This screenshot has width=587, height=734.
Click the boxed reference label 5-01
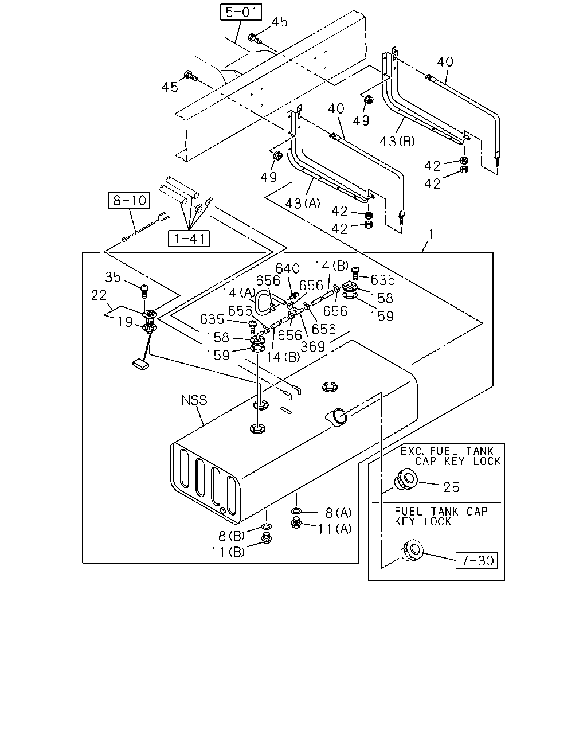[x=241, y=12]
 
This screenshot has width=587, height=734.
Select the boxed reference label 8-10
[x=129, y=200]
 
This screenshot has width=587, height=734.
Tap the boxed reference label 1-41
[x=189, y=239]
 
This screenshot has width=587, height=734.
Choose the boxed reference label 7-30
[x=476, y=560]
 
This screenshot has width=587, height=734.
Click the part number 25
[x=451, y=487]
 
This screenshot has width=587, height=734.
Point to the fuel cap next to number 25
[x=405, y=479]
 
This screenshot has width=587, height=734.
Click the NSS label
[x=194, y=400]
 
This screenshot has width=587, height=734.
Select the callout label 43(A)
[x=303, y=204]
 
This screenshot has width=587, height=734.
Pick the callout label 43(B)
[x=397, y=141]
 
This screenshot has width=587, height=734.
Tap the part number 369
[x=313, y=347]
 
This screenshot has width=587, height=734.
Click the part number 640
[x=288, y=269]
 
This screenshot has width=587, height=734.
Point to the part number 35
[x=113, y=278]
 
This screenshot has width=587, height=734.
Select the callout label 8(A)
[x=338, y=513]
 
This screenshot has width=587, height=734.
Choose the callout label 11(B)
[x=228, y=552]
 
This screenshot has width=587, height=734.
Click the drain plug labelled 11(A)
[x=296, y=523]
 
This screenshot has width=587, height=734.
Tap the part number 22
[x=99, y=295]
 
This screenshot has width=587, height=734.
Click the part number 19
[x=125, y=322]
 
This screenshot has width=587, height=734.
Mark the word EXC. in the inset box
[x=413, y=452]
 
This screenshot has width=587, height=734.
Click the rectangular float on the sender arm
[x=141, y=364]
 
